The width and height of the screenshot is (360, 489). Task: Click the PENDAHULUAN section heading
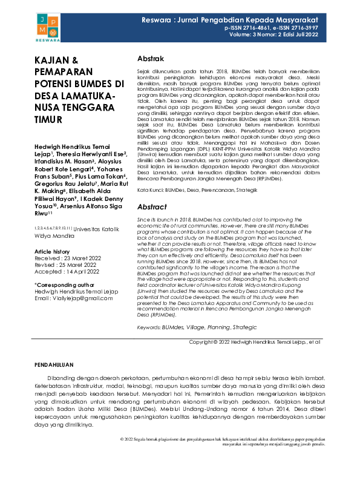click(54, 366)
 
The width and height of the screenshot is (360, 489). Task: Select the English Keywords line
click(188, 327)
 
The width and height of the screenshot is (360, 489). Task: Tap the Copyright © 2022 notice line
click(255, 342)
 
